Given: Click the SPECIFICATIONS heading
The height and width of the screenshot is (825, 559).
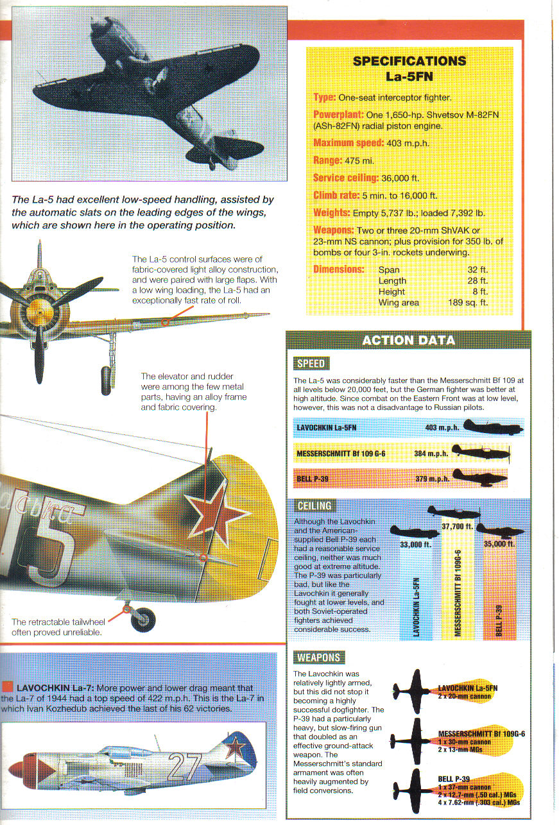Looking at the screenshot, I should click(409, 62).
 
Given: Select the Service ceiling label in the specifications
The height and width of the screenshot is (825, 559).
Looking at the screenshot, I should click(345, 178).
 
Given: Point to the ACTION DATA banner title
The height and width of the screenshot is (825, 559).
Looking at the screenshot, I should click(409, 340).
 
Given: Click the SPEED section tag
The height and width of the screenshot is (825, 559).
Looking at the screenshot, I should click(310, 364).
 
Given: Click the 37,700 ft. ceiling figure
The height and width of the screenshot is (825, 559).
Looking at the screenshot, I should click(457, 527).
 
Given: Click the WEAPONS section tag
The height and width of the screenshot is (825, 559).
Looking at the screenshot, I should click(318, 658).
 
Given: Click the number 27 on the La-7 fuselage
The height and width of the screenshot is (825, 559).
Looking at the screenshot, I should click(183, 766).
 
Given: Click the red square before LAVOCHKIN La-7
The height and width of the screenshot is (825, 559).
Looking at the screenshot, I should click(8, 687).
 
